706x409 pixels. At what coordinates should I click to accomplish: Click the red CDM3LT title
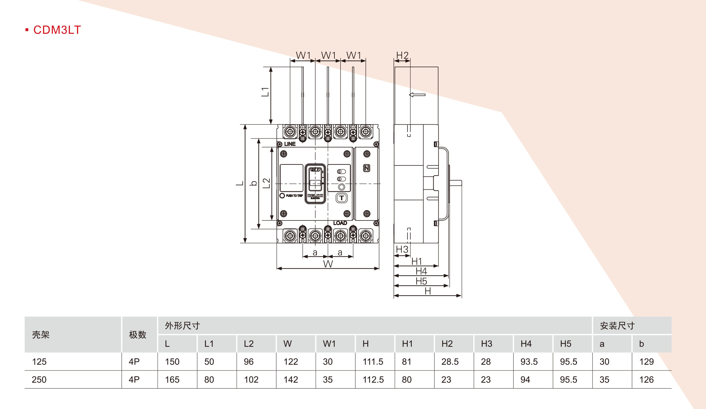coord(57,30)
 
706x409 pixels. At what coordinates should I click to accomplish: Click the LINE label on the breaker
coord(290,144)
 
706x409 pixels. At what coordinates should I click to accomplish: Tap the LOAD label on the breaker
coord(340,223)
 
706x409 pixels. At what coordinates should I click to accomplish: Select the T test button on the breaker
coord(341,198)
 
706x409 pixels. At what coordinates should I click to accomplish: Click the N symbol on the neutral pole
coord(367,168)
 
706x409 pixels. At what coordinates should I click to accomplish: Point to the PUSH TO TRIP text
coord(294,196)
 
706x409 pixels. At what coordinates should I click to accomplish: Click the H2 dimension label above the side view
coord(402,55)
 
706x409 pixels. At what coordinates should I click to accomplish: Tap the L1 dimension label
coord(265,92)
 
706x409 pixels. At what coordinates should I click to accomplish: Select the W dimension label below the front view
coord(328,264)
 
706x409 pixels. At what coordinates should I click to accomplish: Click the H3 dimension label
coord(402,249)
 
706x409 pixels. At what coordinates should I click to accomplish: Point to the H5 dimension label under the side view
coord(421,281)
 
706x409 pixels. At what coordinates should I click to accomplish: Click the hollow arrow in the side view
coord(417,95)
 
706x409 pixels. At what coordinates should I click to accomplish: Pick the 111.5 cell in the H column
coord(373,362)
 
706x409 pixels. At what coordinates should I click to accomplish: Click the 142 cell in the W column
coord(291,380)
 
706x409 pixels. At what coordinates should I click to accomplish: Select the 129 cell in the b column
coord(646,362)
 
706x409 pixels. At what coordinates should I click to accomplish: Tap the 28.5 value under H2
coord(450,362)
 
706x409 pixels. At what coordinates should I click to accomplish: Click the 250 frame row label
coord(39,380)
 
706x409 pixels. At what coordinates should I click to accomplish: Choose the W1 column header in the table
coord(329,344)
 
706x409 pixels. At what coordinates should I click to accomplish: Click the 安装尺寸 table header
coord(617,326)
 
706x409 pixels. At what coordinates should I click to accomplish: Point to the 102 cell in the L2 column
coord(251,380)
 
